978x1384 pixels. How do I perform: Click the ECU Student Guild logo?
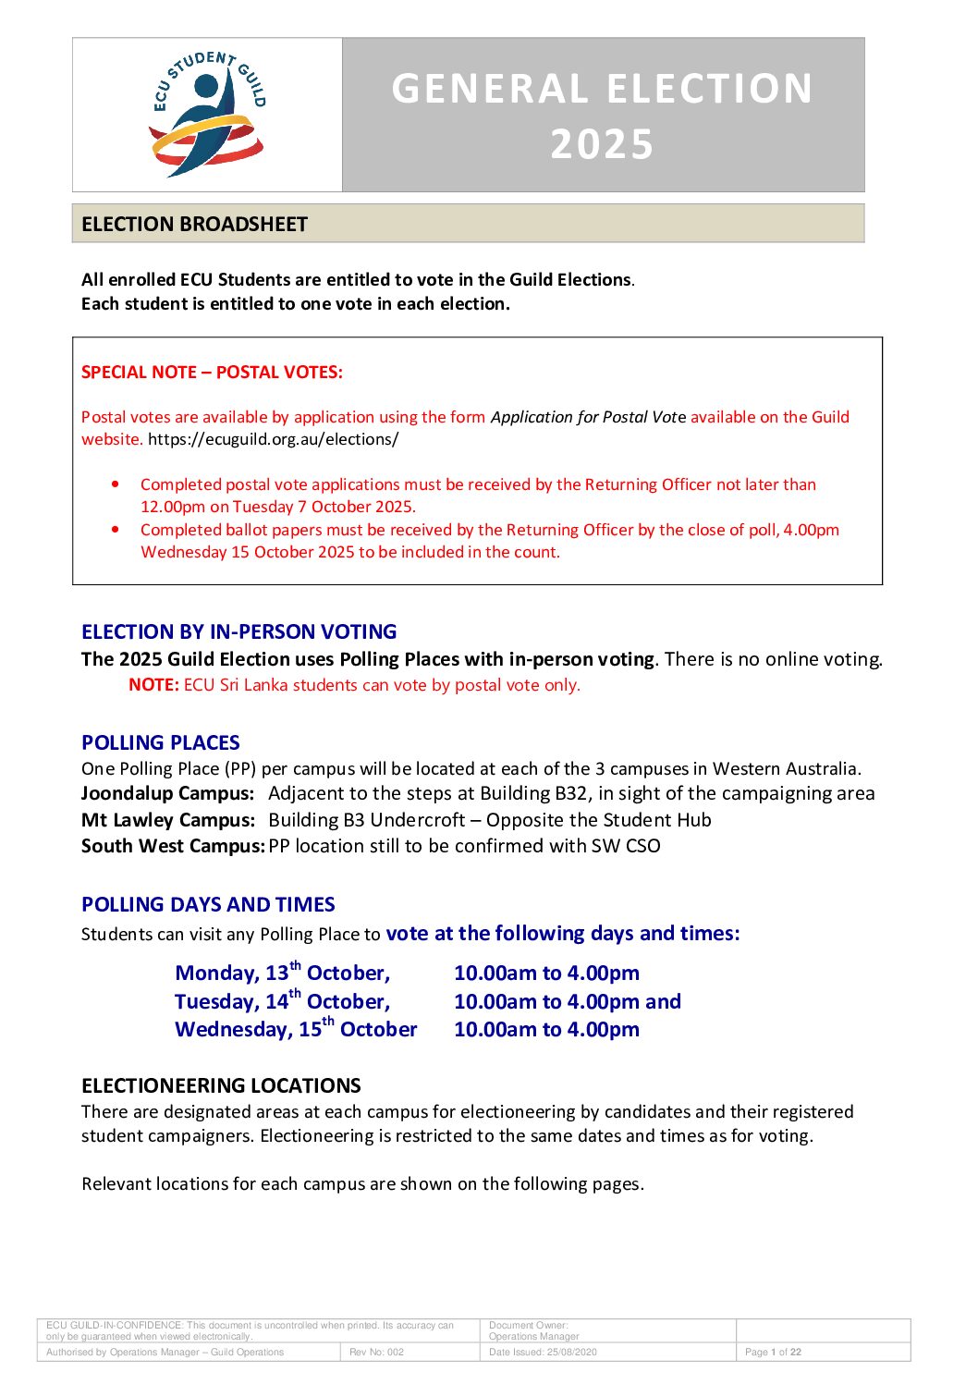(x=208, y=114)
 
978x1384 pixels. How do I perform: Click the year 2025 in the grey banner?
(x=602, y=144)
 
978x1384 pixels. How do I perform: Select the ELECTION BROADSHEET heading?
(x=194, y=225)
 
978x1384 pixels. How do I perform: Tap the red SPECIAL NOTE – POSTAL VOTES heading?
(x=212, y=373)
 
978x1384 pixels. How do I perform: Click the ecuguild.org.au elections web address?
(x=273, y=439)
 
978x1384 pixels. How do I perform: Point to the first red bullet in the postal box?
(x=115, y=484)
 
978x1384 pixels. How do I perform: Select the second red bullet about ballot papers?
(x=115, y=529)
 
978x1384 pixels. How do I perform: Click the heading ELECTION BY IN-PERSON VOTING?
(x=238, y=631)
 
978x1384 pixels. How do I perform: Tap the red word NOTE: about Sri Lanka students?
(x=153, y=685)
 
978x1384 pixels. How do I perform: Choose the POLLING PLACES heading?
(x=160, y=742)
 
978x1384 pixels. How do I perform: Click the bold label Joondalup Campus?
(x=167, y=793)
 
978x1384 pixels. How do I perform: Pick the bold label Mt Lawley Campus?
(x=167, y=820)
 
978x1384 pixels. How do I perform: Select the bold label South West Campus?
(x=173, y=846)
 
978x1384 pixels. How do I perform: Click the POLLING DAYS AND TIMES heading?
(x=208, y=904)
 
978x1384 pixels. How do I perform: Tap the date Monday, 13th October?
(x=282, y=973)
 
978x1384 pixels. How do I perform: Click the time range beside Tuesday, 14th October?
(x=567, y=1001)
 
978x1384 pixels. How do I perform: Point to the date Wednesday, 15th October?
(x=296, y=1029)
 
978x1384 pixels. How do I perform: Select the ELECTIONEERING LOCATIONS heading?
(x=221, y=1085)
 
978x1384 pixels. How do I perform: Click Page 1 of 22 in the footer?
(x=773, y=1352)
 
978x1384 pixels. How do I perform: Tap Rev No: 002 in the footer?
(x=376, y=1352)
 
